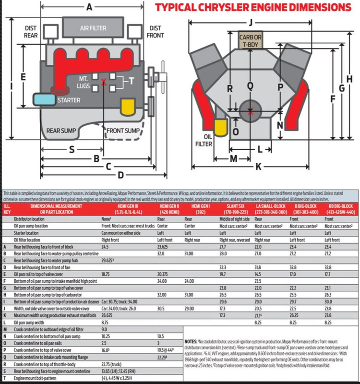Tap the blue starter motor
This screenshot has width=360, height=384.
click(x=44, y=99)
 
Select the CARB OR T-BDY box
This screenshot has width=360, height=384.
click(x=250, y=40)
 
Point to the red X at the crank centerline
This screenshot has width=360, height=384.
click(x=250, y=111)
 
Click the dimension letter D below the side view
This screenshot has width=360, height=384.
click(x=121, y=174)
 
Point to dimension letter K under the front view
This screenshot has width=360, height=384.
click(x=258, y=167)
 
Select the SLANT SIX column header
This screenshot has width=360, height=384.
click(x=232, y=207)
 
